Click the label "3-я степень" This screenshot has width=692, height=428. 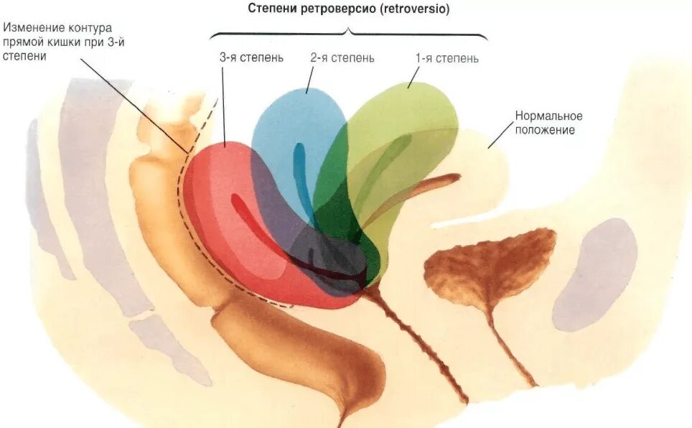point(251,58)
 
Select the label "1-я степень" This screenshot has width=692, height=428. point(446,58)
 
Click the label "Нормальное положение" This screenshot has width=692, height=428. point(548,123)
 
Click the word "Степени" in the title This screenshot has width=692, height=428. point(269,10)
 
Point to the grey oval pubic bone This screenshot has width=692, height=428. point(596,273)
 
